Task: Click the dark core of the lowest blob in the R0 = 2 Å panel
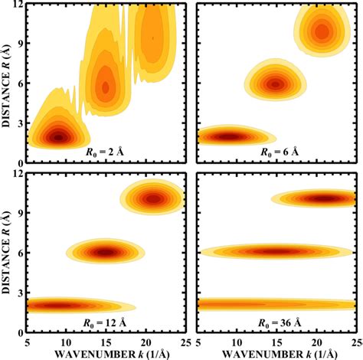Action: pyautogui.click(x=59, y=137)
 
